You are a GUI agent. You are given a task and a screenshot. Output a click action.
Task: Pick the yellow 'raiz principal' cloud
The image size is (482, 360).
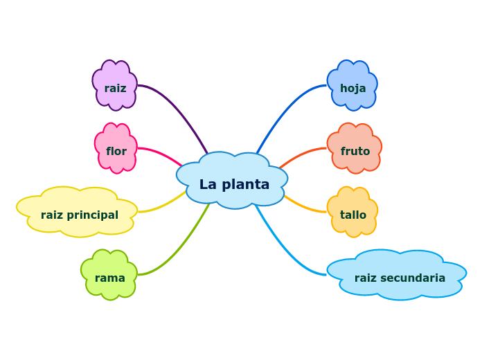coord(78,212)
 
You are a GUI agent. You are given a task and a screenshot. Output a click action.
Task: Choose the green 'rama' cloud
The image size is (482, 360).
coord(109,275)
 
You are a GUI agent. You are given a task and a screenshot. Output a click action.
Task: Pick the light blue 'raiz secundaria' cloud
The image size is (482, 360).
coord(398,275)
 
